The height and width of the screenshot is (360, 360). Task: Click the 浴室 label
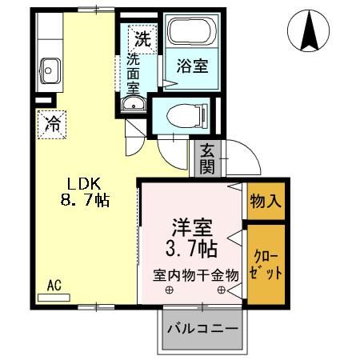point(192,66)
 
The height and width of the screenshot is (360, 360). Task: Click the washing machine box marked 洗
point(142,37)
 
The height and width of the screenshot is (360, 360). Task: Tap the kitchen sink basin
point(50,70)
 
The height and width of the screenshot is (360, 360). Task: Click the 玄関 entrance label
point(207,158)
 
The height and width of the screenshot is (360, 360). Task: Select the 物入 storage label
point(264,200)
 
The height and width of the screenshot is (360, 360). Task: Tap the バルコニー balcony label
point(202,328)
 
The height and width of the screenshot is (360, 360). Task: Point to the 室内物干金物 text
point(196,274)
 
